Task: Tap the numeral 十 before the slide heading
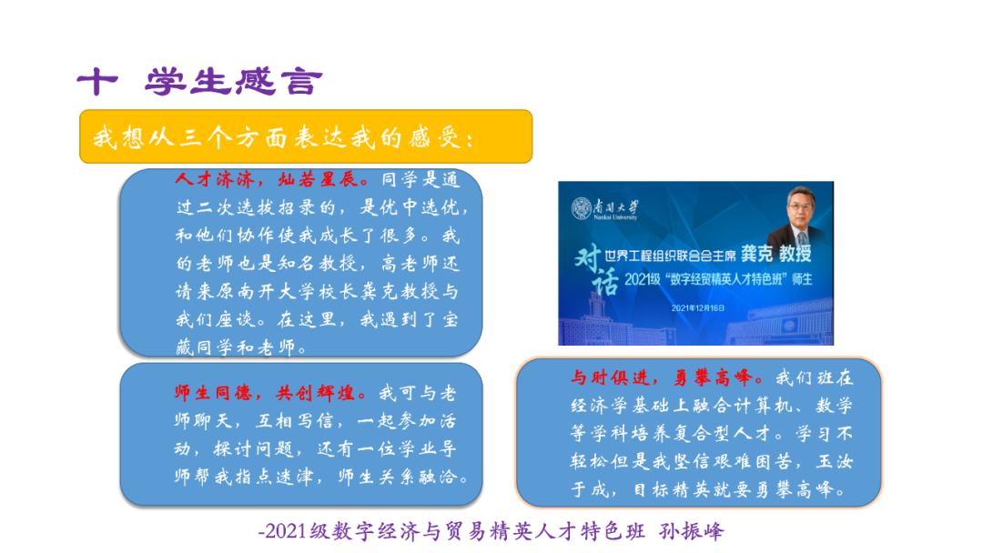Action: (97, 83)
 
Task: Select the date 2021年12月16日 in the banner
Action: (699, 308)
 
